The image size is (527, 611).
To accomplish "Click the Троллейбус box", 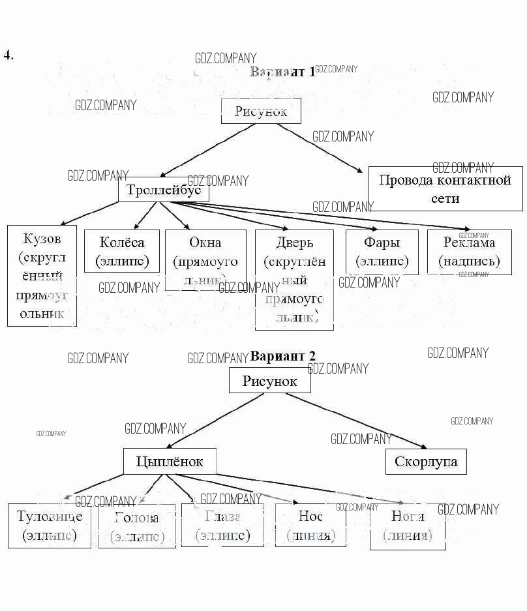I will pos(164,190).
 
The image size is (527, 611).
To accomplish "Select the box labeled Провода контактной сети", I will pos(445,188).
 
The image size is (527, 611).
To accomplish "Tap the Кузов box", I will pos(42,275).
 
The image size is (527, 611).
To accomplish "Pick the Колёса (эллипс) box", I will pos(122,251).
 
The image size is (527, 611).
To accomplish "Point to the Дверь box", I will pos(294,279).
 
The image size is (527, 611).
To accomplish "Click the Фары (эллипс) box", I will pos(382,252).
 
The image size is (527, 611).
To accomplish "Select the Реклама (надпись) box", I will pos(469,252).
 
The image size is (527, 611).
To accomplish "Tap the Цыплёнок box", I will pos(170,462).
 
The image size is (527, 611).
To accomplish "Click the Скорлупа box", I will pos(426,462).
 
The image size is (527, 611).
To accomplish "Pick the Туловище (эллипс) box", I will pos(50,526).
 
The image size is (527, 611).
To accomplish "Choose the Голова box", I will pos(137,526).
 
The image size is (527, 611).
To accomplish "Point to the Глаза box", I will pos(222,525).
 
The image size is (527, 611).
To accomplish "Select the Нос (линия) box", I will pos(310,525).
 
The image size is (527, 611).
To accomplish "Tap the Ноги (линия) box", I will pos(408,526).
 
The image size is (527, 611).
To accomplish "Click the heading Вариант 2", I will pos(282,356).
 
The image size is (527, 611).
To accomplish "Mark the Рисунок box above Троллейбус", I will pos(261,111).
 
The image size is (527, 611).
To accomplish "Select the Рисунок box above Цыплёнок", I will pos(269,380).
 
